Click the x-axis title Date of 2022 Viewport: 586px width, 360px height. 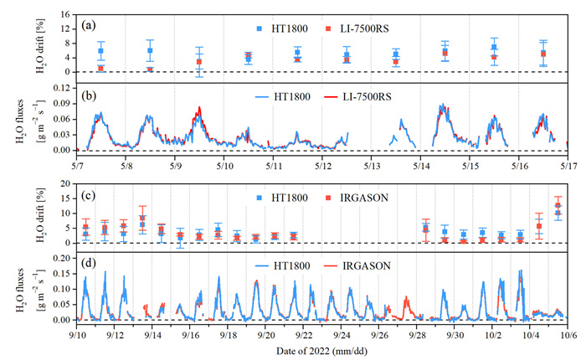pyautogui.click(x=322, y=349)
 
